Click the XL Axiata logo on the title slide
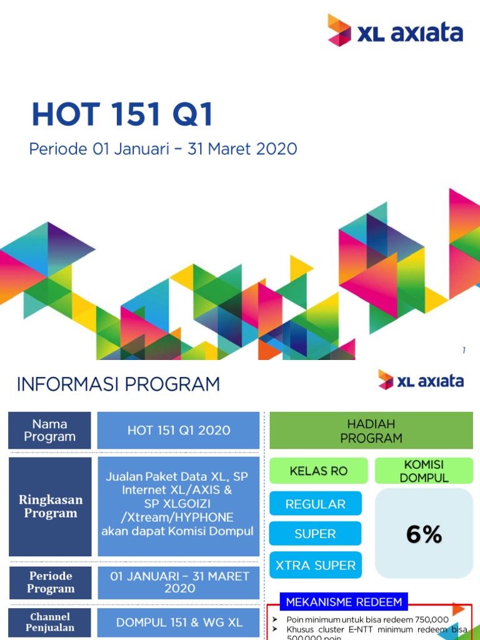pos(395,31)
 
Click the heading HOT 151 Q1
pos(122,116)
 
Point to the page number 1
pos(464,351)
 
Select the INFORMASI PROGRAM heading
pos(118,384)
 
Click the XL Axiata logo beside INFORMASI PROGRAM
pos(421,381)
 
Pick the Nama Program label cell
pos(49,430)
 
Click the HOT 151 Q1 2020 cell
pos(179,430)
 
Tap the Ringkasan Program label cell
pos(49,507)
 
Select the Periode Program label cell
pos(49,582)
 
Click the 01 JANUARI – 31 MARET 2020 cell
pos(179,582)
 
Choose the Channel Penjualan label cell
pos(49,622)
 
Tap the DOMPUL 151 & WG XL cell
pos(179,622)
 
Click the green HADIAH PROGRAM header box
pos(371,431)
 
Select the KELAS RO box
pos(318,471)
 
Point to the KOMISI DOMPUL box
pos(424,471)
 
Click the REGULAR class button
pos(316,504)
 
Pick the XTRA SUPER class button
pos(316,565)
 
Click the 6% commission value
pos(424,534)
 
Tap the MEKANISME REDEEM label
pos(344,602)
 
